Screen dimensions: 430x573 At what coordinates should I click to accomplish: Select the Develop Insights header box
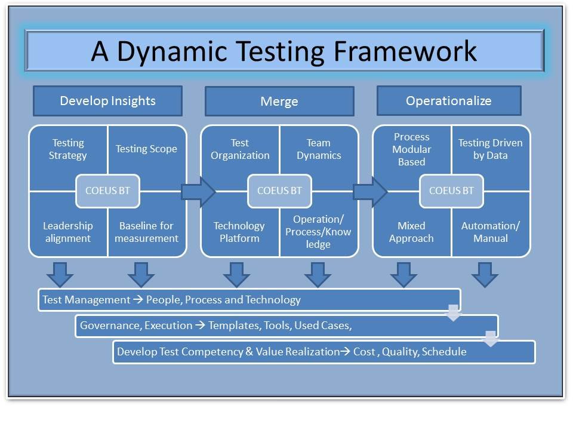click(x=107, y=101)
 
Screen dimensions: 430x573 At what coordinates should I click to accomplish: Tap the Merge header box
click(x=279, y=102)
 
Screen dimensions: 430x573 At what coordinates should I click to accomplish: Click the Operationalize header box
click(x=449, y=101)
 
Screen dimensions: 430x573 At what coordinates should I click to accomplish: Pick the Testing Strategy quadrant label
click(x=69, y=149)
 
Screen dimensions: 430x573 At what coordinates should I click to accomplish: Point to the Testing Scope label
click(x=146, y=149)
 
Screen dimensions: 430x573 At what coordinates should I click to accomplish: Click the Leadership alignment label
click(x=68, y=232)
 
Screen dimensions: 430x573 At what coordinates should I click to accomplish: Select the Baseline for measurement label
click(x=146, y=232)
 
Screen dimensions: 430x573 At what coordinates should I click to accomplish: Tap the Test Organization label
click(x=240, y=149)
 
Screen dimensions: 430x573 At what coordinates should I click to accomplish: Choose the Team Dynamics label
click(x=318, y=149)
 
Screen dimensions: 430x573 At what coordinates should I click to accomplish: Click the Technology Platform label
click(x=239, y=232)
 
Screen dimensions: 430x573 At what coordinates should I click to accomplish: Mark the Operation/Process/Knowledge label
click(x=318, y=232)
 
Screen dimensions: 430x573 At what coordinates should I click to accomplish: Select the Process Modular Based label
click(x=412, y=149)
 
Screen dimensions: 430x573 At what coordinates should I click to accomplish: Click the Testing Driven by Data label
click(x=490, y=149)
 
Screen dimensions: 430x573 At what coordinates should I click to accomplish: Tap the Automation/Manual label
click(x=490, y=232)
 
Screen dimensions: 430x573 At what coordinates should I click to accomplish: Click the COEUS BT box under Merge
click(x=279, y=191)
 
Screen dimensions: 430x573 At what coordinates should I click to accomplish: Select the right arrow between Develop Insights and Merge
click(x=198, y=191)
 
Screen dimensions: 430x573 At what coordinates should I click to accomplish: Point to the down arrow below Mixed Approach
click(x=403, y=274)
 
